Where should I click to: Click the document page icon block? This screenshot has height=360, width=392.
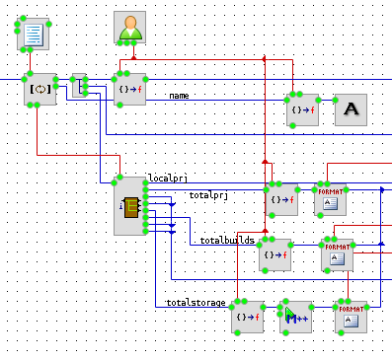[x=34, y=34]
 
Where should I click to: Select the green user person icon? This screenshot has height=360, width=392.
[x=130, y=27]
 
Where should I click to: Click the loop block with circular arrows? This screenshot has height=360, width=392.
[x=40, y=89]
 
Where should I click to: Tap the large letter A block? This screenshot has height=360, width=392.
[x=351, y=109]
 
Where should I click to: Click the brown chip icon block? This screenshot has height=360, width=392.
[x=130, y=206]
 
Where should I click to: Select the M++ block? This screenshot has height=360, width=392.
[x=295, y=317]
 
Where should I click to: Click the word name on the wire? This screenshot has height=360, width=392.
[x=179, y=96]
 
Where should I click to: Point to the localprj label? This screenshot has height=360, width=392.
[x=168, y=178]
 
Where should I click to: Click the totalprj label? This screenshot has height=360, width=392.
[x=208, y=195]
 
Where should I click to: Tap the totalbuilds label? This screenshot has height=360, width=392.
[x=227, y=241]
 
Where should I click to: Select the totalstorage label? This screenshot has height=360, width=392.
[x=196, y=303]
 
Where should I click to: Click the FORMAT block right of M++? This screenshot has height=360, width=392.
[x=351, y=317]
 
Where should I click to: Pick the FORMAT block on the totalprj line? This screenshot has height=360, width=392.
[x=330, y=199]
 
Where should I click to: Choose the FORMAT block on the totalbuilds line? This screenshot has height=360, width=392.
[x=337, y=254]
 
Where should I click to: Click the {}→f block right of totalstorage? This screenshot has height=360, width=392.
[x=248, y=317]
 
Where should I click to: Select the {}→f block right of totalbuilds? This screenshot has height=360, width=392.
[x=275, y=254]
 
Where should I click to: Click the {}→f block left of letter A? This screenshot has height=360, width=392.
[x=303, y=109]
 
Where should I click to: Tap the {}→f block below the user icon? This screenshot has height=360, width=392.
[x=130, y=89]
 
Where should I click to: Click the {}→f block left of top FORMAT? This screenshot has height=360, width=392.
[x=282, y=199]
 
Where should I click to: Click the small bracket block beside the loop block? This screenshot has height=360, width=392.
[x=79, y=85]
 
